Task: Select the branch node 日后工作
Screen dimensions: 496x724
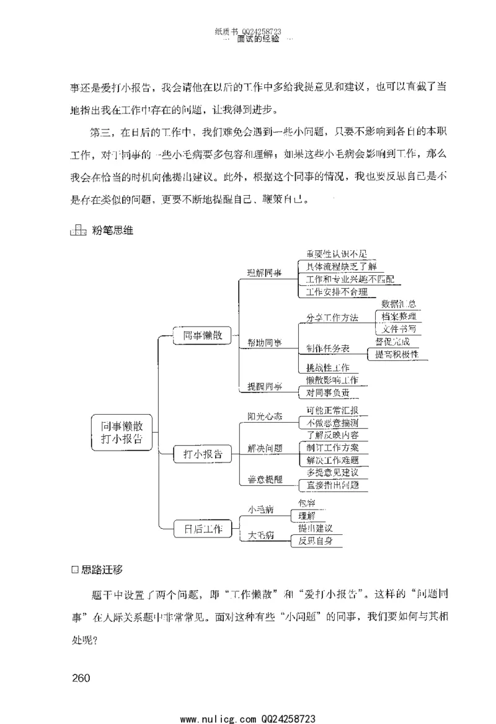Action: [198, 529]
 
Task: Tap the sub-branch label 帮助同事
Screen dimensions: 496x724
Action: [264, 342]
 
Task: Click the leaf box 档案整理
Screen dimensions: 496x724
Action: [399, 316]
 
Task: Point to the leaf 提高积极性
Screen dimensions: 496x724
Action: [397, 354]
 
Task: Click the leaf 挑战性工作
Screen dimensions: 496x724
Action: [328, 368]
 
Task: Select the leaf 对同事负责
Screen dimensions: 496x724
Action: [328, 392]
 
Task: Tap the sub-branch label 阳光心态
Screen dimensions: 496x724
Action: [265, 417]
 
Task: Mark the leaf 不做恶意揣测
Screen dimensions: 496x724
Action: [332, 423]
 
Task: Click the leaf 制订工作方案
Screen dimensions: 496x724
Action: [332, 448]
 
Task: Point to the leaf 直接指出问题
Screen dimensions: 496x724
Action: [332, 485]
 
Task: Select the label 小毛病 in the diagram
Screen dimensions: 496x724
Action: [261, 510]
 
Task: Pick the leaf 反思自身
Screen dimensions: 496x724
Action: [316, 541]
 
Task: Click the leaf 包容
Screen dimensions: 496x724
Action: [306, 503]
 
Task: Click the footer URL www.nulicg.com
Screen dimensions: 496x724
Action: [216, 718]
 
